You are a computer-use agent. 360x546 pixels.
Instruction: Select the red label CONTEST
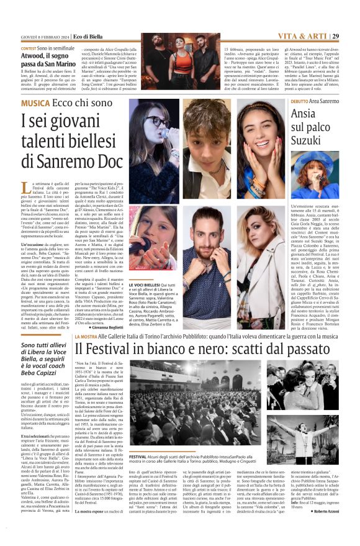pyautogui.click(x=29, y=48)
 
